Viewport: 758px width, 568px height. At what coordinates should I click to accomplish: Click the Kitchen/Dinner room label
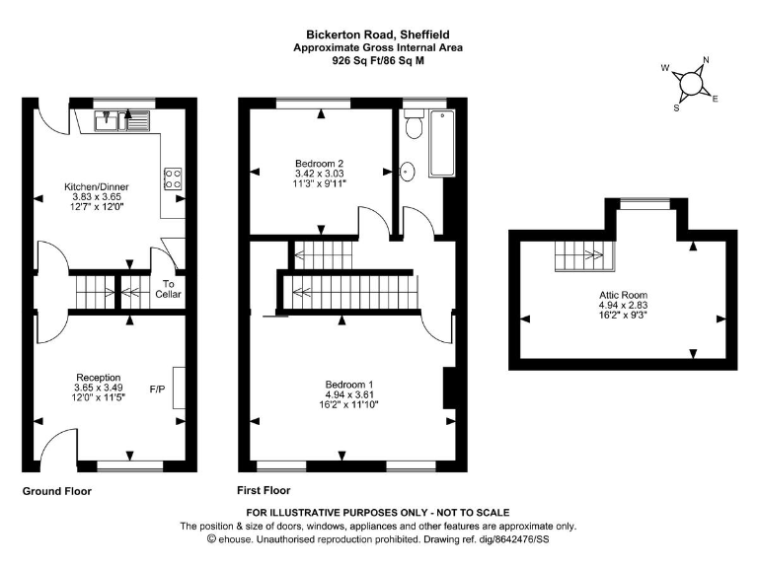pyautogui.click(x=97, y=186)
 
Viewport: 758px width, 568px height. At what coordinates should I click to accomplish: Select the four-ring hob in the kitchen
pyautogui.click(x=173, y=177)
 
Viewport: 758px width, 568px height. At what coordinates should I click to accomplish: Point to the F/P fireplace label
pyautogui.click(x=157, y=389)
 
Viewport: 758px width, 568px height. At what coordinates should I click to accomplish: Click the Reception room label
pyautogui.click(x=98, y=377)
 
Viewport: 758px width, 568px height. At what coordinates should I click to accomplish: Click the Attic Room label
pyautogui.click(x=623, y=295)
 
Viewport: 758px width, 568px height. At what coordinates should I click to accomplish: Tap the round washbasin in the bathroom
pyautogui.click(x=407, y=172)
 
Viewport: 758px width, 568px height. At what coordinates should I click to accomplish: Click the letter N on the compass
pyautogui.click(x=706, y=60)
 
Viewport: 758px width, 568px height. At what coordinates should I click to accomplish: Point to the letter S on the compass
pyautogui.click(x=676, y=108)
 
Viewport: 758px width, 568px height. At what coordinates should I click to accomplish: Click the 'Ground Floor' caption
pyautogui.click(x=58, y=491)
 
